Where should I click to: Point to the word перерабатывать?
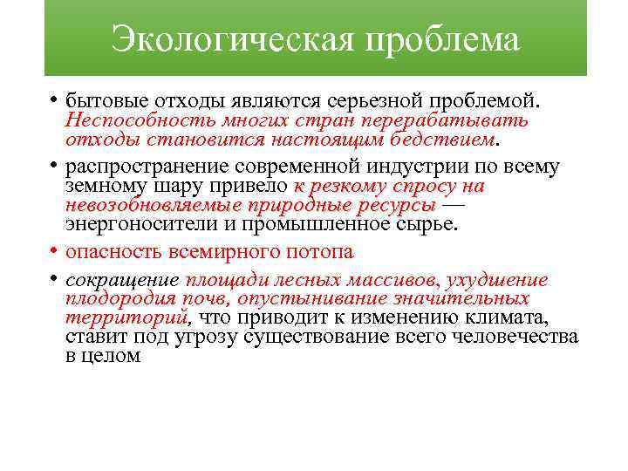click(x=463, y=119)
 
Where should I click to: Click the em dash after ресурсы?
click(x=454, y=205)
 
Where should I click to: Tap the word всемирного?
click(x=232, y=252)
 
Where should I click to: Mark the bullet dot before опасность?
click(x=53, y=252)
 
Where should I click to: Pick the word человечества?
click(x=524, y=337)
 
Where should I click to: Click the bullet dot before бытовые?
click(x=53, y=101)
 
